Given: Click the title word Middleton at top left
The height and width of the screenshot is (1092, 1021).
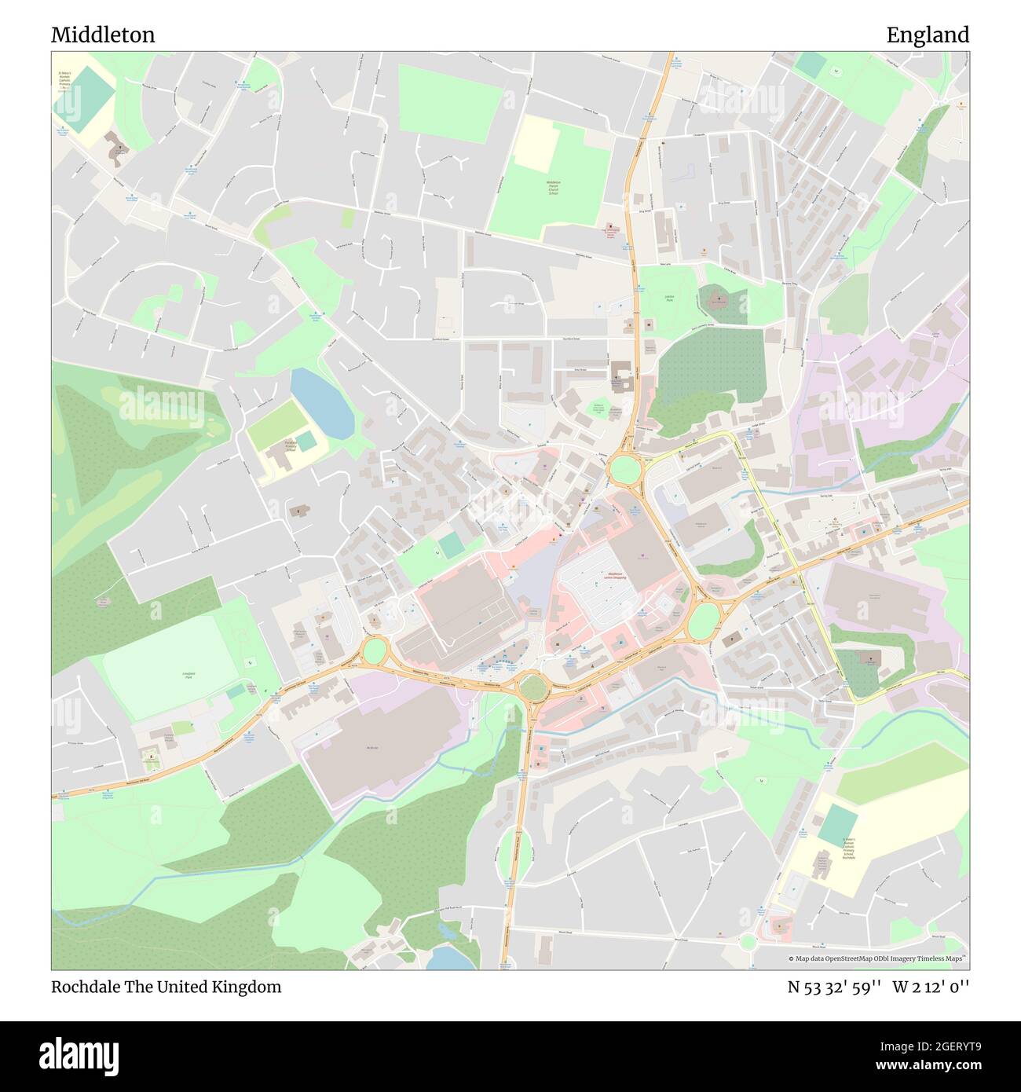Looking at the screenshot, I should tap(103, 35).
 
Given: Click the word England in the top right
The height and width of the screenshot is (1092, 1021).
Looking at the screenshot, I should tap(928, 35).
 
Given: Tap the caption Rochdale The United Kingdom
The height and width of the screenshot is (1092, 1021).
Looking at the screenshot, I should tap(166, 987).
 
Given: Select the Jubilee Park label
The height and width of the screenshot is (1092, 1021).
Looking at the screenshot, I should tap(669, 299).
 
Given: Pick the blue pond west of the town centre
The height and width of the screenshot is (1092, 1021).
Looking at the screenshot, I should tap(322, 404).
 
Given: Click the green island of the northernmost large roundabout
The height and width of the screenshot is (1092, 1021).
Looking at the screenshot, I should tap(625, 471).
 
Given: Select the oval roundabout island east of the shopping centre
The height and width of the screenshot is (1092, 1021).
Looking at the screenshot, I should tap(704, 618).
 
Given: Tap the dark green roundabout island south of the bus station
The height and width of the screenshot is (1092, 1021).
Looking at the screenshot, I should tap(533, 687).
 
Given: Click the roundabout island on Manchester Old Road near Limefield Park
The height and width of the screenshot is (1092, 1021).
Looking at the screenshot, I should tap(375, 650).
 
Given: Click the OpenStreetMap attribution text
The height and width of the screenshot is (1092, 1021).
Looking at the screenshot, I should tap(878, 958).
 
